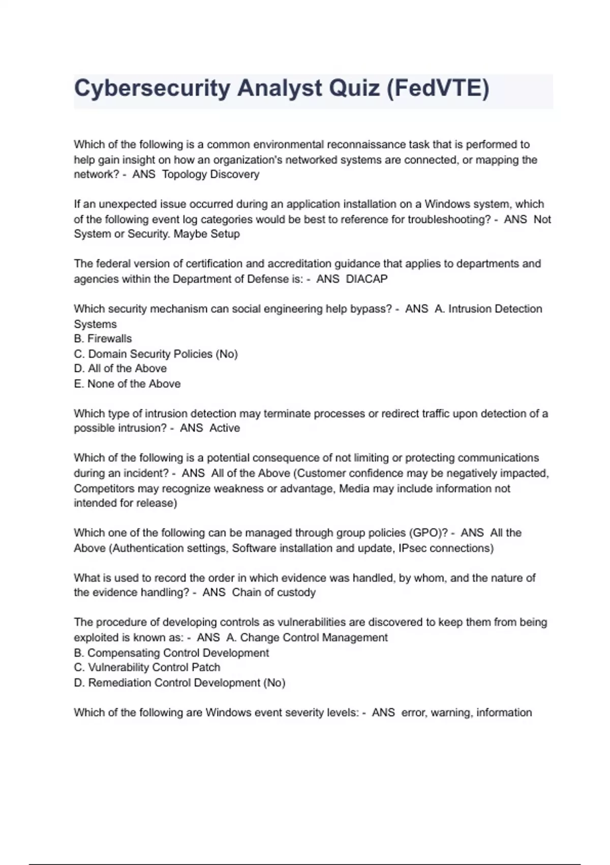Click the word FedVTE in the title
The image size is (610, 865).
pos(437,89)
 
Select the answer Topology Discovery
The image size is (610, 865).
pos(210,175)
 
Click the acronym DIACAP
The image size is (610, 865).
pos(367,279)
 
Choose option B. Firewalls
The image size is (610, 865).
pos(103,339)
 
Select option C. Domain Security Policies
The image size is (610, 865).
pos(156,354)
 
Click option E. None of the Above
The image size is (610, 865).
pos(127,384)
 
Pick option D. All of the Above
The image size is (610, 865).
pos(120,368)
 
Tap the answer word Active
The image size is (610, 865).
pos(225,428)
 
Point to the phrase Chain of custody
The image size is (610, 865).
pos(274,592)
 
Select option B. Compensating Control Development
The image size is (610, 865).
pos(171,653)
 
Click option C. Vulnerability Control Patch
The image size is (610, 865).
pos(147,668)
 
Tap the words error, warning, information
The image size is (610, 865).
pos(467,712)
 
